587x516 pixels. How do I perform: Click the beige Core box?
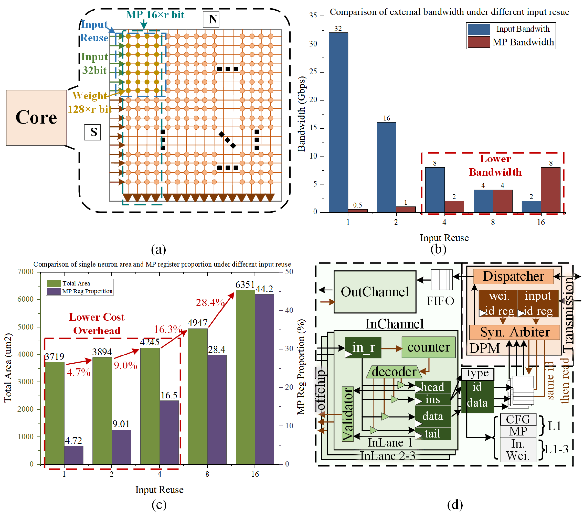tap(36, 118)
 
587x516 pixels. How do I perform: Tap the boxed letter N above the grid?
tap(211, 19)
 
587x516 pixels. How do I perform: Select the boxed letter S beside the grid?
tap(92, 132)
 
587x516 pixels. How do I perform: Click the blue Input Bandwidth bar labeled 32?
tap(338, 122)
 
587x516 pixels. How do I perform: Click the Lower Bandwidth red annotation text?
tap(495, 165)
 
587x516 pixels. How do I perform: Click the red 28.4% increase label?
tap(210, 302)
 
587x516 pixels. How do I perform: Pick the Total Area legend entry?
tap(69, 283)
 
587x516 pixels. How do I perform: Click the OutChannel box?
tap(375, 292)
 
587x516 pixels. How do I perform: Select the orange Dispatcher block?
tap(513, 276)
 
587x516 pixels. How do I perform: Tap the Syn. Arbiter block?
tap(515, 332)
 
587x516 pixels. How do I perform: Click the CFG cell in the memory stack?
tap(518, 419)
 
